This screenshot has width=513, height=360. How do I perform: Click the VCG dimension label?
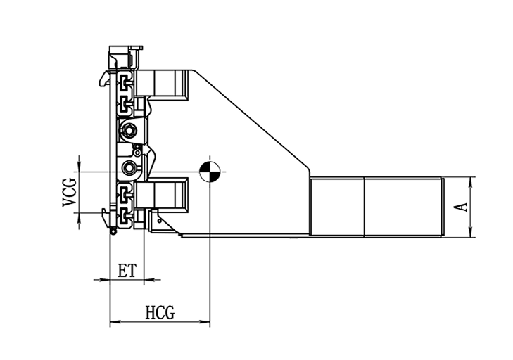[70, 192]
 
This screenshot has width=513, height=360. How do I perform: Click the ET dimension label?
[127, 271]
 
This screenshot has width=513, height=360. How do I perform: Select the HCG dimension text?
[160, 312]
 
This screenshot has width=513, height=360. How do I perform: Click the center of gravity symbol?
[210, 172]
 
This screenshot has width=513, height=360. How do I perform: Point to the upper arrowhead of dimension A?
[470, 182]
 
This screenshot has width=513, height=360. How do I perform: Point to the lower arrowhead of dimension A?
[470, 231]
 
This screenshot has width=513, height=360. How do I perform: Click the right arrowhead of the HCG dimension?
[205, 322]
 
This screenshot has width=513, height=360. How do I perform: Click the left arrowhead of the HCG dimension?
[115, 322]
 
